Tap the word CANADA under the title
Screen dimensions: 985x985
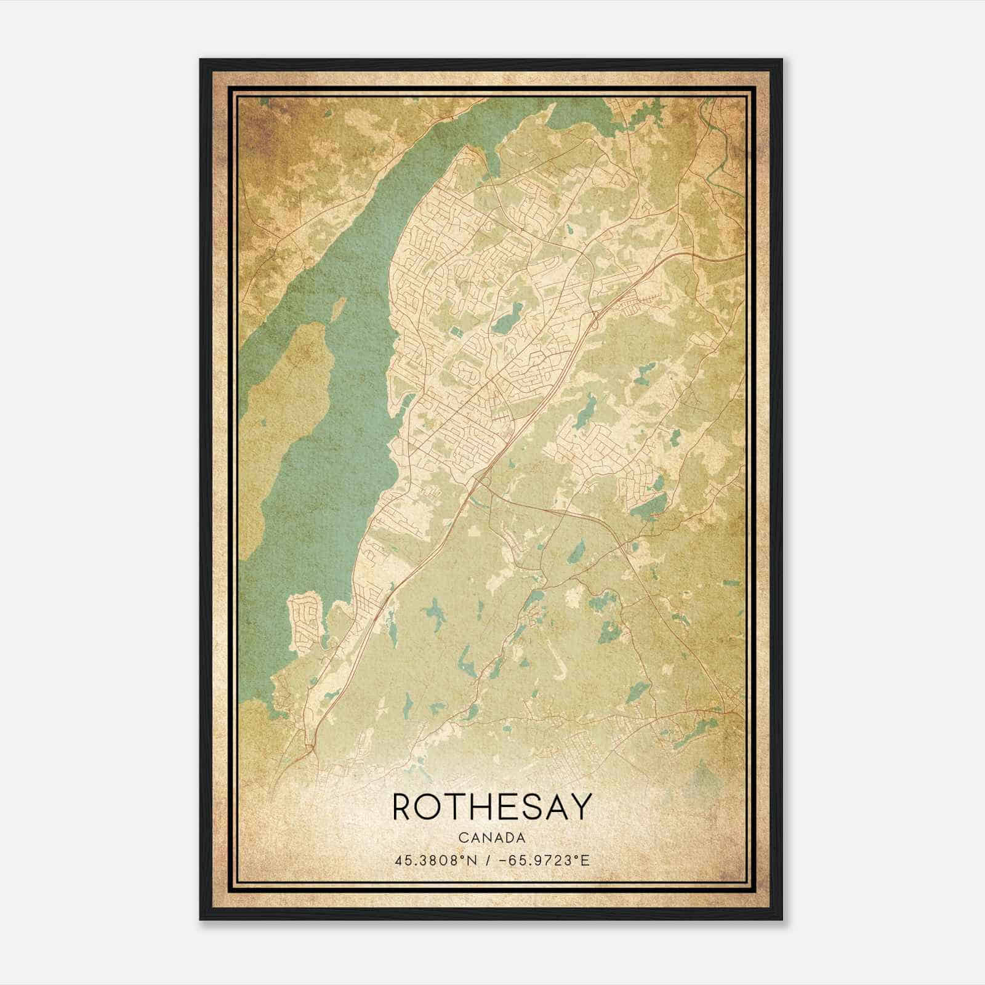pyautogui.click(x=491, y=838)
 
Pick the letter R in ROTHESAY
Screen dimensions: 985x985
pyautogui.click(x=401, y=806)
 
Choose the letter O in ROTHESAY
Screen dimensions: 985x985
pyautogui.click(x=428, y=806)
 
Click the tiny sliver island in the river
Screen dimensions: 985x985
pyautogui.click(x=338, y=305)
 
